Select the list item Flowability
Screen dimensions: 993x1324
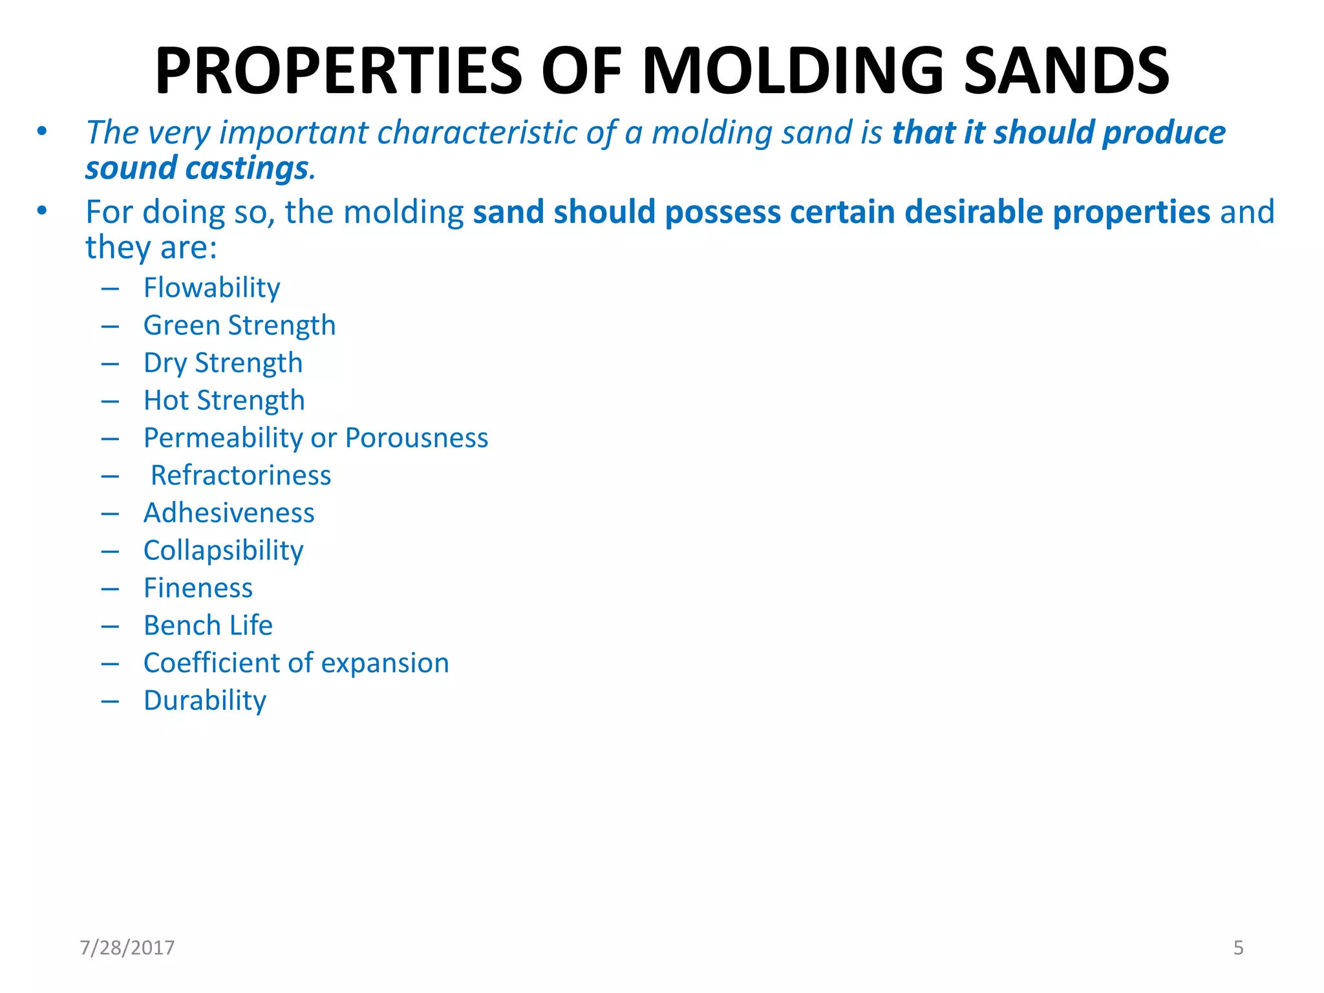pos(211,288)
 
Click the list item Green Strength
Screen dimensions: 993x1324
pos(239,325)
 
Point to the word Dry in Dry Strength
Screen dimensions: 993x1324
pos(165,363)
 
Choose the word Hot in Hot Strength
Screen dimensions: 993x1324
pos(166,400)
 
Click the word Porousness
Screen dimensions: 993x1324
pos(416,438)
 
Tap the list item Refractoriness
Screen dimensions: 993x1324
pos(240,475)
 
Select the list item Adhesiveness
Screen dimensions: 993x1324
pos(229,513)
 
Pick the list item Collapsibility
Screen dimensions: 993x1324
pos(223,551)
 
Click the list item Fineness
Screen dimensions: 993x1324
pos(198,588)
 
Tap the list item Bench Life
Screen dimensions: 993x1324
pos(208,625)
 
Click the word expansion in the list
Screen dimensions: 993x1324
pos(385,663)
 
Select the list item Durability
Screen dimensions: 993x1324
pos(204,701)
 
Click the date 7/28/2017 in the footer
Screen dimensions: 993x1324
pos(127,948)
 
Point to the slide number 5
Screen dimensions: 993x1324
pos(1238,948)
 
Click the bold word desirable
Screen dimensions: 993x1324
pos(974,212)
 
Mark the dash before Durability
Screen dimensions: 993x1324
pos(110,701)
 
